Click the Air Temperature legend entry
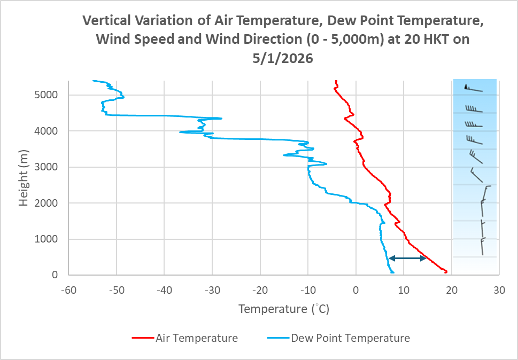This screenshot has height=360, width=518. click(197, 338)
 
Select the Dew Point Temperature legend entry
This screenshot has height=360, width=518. click(350, 338)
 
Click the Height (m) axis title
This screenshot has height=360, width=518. click(24, 178)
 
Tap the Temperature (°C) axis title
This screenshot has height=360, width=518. click(283, 309)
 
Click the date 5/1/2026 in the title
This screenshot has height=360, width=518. click(283, 59)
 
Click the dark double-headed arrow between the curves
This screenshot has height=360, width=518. click(407, 259)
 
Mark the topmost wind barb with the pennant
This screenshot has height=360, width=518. click(473, 89)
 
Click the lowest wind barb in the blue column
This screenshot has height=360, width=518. click(482, 247)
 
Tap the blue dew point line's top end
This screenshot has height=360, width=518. click(94, 81)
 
